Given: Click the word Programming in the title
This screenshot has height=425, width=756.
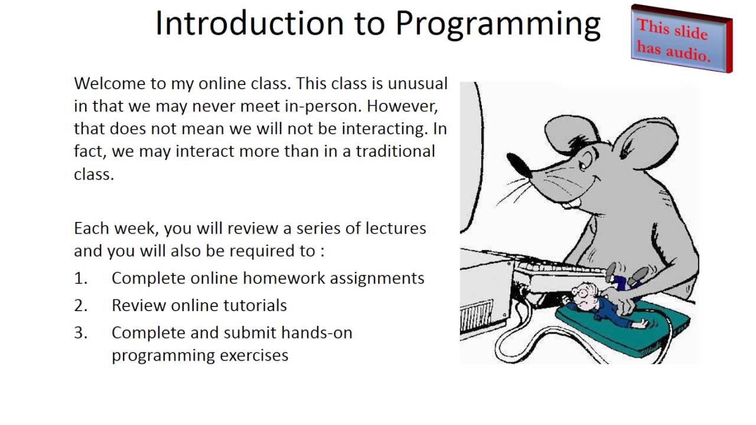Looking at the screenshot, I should point(497,25).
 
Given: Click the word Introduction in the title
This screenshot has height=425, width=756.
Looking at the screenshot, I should point(249,24).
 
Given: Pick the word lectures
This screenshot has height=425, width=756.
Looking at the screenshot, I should point(396,228).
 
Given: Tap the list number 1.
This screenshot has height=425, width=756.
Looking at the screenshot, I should point(80,278).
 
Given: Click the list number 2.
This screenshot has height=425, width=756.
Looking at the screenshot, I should point(80,305).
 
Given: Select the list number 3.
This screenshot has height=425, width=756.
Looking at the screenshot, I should point(80,332).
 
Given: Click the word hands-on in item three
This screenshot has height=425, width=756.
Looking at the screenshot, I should point(317,332).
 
